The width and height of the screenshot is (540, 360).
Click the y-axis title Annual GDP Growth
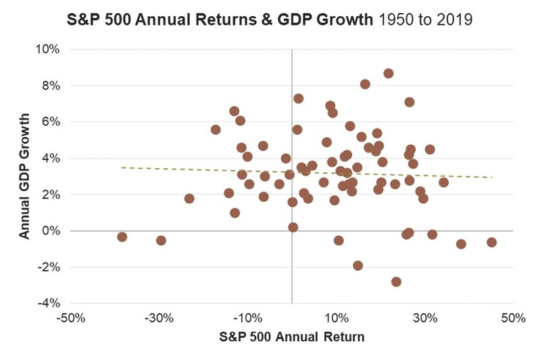pyautogui.click(x=24, y=176)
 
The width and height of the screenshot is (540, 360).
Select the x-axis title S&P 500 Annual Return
pyautogui.click(x=291, y=337)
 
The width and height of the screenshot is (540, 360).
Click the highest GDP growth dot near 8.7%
pyautogui.click(x=388, y=74)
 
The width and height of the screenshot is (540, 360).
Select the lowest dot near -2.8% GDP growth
pyautogui.click(x=396, y=282)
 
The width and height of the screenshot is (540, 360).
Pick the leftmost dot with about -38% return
pyautogui.click(x=122, y=237)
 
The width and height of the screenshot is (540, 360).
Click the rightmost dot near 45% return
pyautogui.click(x=491, y=242)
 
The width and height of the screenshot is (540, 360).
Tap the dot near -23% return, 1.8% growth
pyautogui.click(x=189, y=199)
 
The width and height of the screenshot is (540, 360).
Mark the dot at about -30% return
pyautogui.click(x=161, y=240)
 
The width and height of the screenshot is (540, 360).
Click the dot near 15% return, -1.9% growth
pyautogui.click(x=358, y=265)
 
